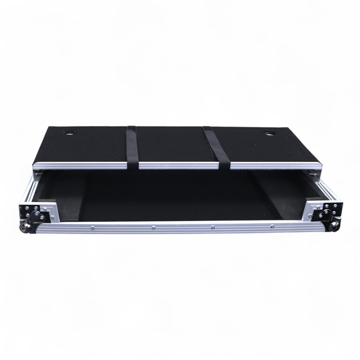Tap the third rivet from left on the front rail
(213, 227)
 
